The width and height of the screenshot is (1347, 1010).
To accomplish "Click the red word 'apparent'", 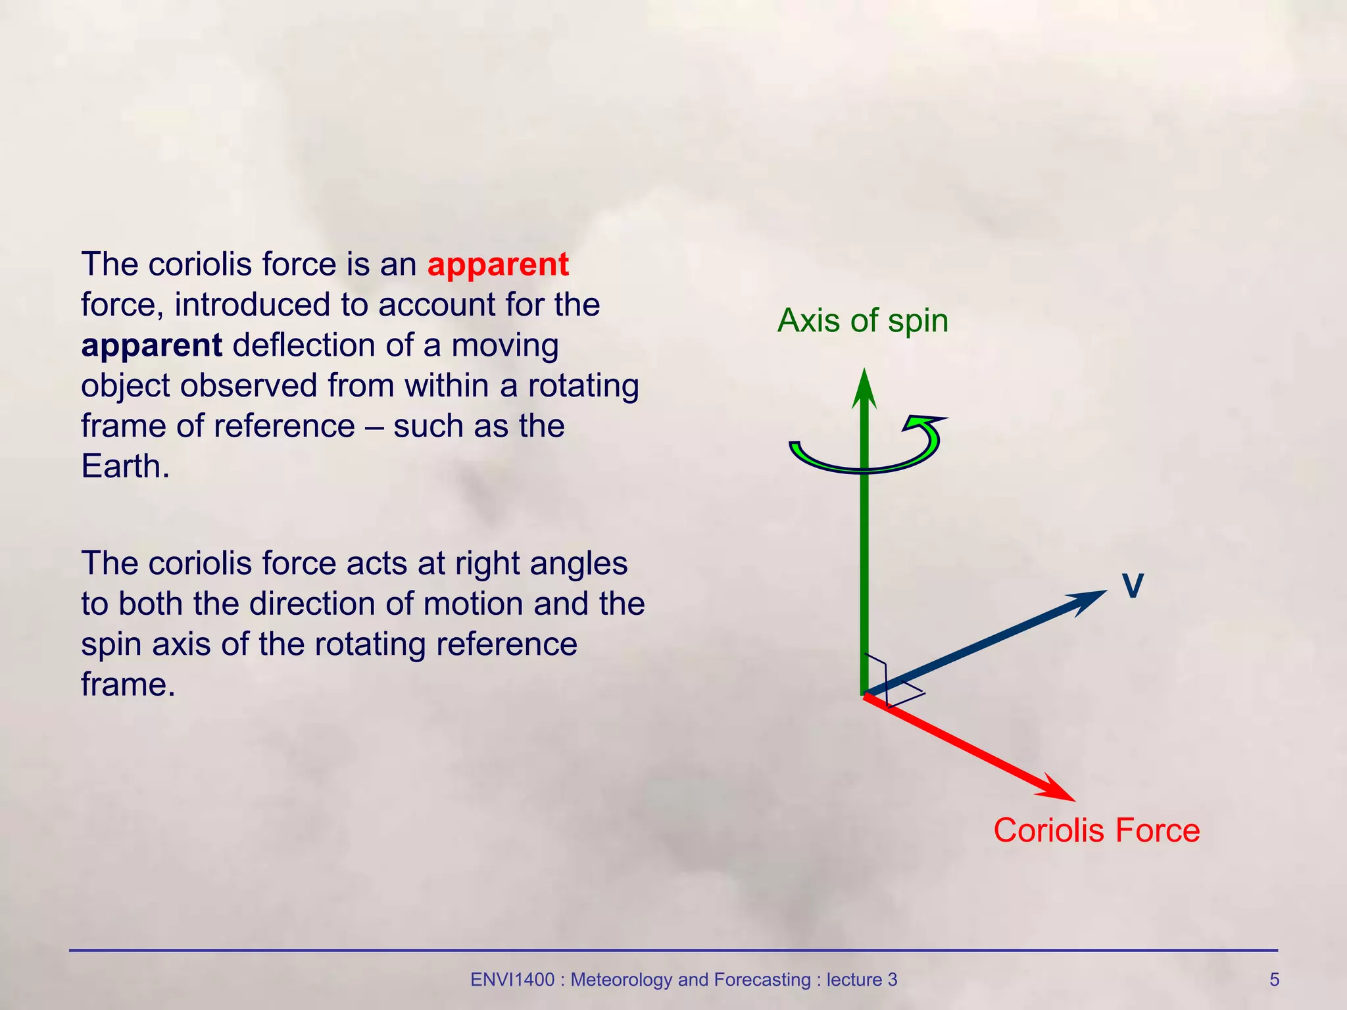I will coord(498,265).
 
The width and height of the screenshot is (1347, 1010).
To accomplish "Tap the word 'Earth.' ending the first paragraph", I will coord(125,467).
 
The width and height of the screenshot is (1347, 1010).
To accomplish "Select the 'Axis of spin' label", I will coord(862,321).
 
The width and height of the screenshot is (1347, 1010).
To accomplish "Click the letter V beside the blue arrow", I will coord(1133,585).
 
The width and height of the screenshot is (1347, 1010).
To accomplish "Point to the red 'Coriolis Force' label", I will coord(1096,830).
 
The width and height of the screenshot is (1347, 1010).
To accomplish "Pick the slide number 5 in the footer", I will coord(1274,980).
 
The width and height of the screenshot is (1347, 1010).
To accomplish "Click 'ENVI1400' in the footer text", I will coord(512,980).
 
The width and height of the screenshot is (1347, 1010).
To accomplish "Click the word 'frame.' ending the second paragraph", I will coord(128,685).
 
